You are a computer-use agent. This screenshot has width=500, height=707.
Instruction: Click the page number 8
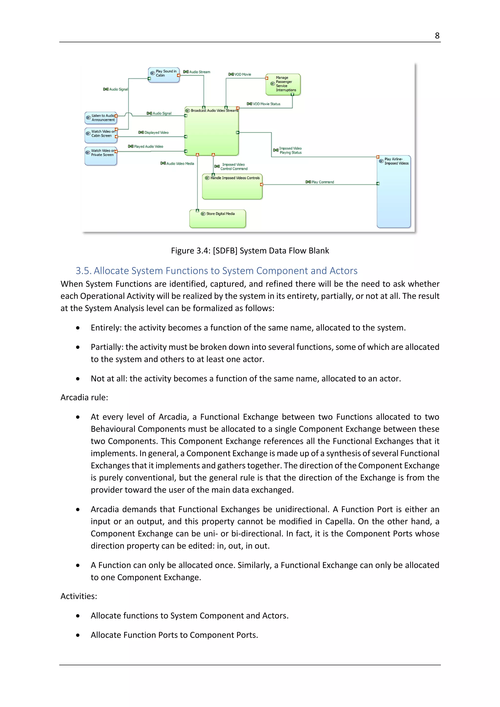(437, 36)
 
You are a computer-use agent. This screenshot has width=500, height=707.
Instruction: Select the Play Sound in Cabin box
(164, 75)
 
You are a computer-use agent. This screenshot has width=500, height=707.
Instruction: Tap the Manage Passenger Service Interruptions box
(283, 84)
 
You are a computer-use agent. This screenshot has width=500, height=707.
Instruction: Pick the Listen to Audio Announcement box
(101, 118)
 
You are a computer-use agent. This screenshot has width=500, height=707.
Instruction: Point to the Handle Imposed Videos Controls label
(235, 178)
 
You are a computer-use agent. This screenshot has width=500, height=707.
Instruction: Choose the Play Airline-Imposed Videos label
(396, 161)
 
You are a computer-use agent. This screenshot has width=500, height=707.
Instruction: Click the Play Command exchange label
(322, 182)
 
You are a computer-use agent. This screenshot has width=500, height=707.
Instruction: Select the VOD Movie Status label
(266, 104)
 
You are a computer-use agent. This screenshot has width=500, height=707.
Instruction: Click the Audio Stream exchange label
(199, 72)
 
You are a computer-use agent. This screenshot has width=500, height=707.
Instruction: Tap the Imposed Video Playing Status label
(290, 151)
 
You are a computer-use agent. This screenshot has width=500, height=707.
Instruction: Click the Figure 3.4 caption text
(250, 251)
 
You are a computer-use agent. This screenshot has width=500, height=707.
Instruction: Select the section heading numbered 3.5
(217, 271)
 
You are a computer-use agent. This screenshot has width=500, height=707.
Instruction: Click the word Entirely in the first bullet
(106, 328)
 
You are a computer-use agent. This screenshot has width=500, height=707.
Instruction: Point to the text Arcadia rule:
(84, 397)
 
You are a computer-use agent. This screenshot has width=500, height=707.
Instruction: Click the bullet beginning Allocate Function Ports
(174, 635)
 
